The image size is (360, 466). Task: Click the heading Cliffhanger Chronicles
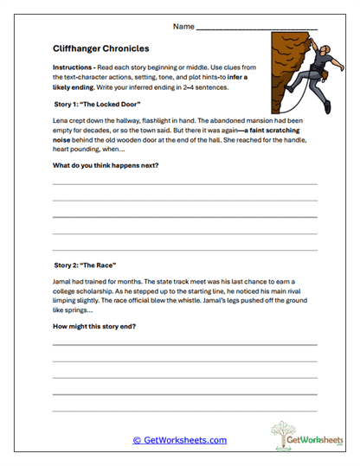coord(100,49)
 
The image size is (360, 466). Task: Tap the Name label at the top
coord(183,27)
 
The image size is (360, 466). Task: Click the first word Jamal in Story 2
coord(63,282)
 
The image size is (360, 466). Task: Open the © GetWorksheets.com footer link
coord(179,440)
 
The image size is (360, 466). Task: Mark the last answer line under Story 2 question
coord(184,409)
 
